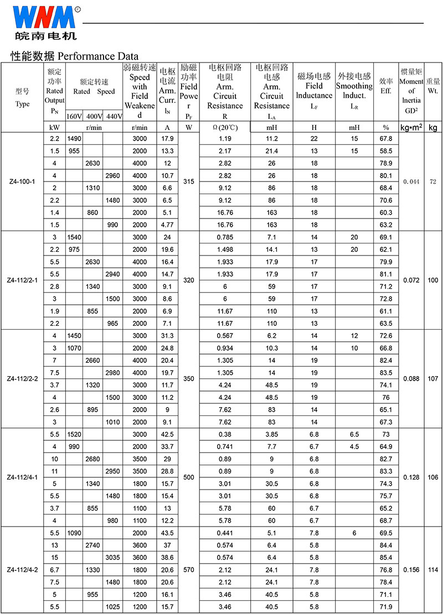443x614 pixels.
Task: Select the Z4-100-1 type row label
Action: click(22, 181)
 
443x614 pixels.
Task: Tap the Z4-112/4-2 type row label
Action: click(22, 570)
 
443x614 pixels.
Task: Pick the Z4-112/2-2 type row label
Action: click(22, 379)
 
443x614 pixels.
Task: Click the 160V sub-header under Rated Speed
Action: click(74, 116)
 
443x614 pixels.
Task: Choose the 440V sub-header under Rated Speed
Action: click(113, 116)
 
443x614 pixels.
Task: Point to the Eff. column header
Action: click(386, 86)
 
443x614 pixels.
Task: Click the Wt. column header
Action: click(432, 86)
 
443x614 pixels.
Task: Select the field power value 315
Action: click(189, 181)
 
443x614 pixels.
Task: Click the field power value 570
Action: click(189, 570)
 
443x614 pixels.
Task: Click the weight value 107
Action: click(432, 379)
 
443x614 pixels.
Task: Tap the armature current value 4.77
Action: click(167, 225)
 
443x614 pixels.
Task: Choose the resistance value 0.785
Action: click(225, 237)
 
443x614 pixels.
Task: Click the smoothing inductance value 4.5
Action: click(354, 446)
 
